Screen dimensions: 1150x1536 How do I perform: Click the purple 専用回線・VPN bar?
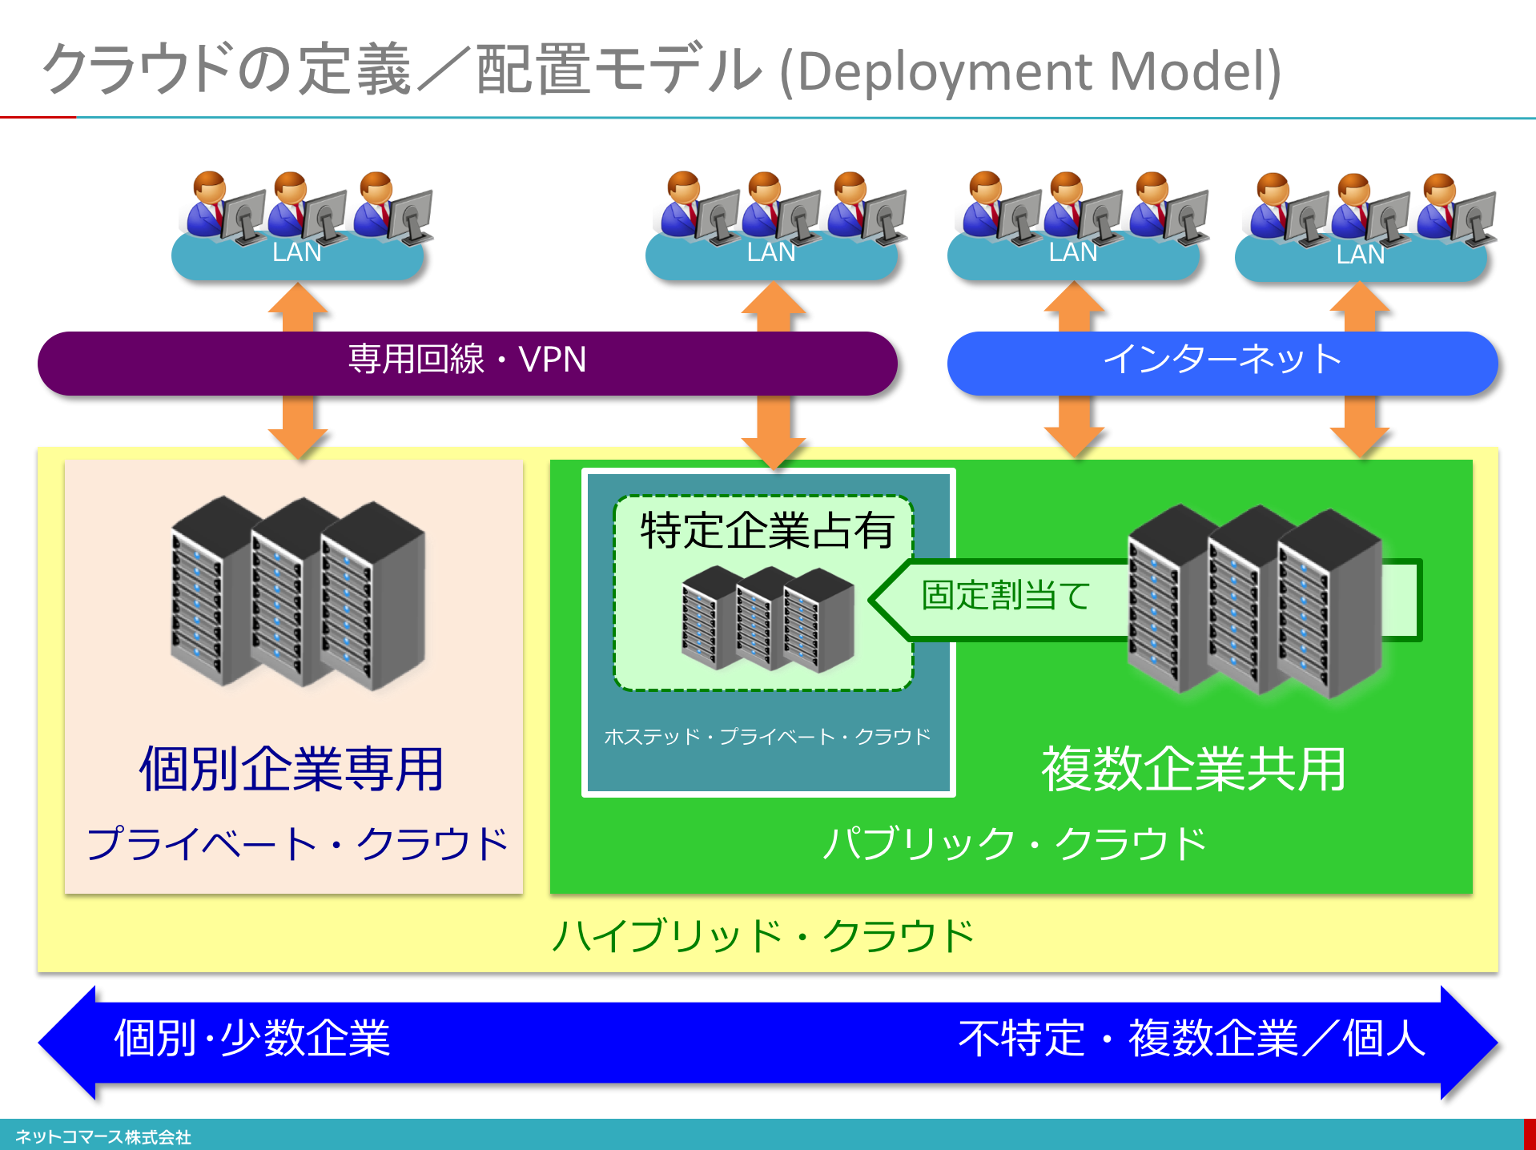tap(467, 361)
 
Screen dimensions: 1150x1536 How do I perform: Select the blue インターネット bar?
tap(1221, 361)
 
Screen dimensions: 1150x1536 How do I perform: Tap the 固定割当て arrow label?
tap(1006, 596)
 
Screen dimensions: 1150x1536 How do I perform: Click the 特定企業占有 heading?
tap(766, 531)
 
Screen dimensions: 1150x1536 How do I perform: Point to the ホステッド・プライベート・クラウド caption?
tap(767, 736)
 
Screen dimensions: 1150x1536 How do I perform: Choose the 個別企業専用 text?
tap(292, 769)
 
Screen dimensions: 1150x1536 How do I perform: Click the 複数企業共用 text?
tap(1193, 769)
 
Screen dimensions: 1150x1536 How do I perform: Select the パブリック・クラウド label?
tap(1014, 843)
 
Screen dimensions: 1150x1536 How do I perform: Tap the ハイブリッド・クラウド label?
tap(763, 935)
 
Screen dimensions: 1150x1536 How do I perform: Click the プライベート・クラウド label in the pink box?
tap(296, 843)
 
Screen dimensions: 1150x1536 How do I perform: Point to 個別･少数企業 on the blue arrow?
tap(252, 1039)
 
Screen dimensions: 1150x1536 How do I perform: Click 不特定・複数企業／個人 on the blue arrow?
tap(1192, 1039)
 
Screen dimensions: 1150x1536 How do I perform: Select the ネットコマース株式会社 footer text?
tap(103, 1137)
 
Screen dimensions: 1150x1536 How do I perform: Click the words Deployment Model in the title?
tap(1030, 72)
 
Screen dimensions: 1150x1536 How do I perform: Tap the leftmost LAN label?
tap(297, 253)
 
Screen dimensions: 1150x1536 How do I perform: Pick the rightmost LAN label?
tap(1361, 255)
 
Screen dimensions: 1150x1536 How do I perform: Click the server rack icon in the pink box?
tap(297, 593)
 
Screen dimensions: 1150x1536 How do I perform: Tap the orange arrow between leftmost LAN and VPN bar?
tap(298, 308)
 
